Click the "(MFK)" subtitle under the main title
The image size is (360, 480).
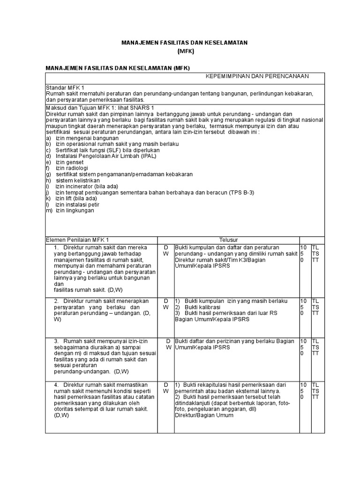[185, 51]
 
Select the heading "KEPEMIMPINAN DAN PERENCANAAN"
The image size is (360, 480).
[258, 76]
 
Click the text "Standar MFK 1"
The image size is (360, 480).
[65, 88]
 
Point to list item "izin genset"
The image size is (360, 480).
[69, 162]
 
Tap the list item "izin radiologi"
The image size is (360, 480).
[72, 168]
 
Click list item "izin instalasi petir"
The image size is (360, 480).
[77, 205]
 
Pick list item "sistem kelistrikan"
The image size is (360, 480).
[78, 180]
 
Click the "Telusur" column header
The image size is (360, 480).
[228, 240]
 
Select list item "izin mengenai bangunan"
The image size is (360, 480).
[81, 138]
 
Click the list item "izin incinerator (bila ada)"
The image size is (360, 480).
[85, 187]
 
